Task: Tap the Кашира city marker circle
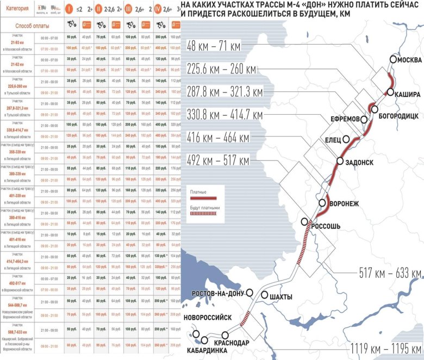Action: coord(390,92)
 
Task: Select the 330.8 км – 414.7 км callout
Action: coord(224,115)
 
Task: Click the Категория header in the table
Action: coord(18,8)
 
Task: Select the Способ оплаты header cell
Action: coord(32,26)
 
